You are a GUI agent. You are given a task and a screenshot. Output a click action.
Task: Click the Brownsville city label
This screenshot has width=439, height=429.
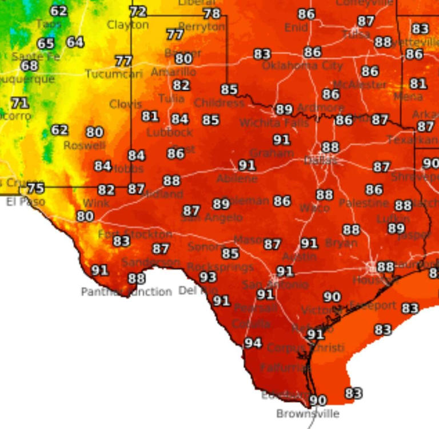coord(308,414)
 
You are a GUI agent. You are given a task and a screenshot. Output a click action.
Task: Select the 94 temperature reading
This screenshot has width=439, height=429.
coord(253,343)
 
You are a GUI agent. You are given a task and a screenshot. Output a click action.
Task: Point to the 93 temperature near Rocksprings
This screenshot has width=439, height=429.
coord(208,277)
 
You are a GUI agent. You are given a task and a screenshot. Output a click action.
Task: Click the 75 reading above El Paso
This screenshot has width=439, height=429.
coord(35,188)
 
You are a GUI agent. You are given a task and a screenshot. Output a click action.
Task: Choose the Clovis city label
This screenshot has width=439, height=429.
coord(126,104)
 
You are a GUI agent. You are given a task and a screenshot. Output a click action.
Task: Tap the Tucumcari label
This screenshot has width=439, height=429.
coord(114,74)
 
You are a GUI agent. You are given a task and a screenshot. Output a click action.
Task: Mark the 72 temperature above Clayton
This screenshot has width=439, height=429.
coord(138,11)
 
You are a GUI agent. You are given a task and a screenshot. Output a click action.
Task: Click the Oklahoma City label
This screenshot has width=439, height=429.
coord(302,65)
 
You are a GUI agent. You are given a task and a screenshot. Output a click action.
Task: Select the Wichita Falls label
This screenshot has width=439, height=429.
coord(266,123)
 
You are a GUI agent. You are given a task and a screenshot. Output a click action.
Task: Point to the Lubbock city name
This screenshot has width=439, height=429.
coord(170,132)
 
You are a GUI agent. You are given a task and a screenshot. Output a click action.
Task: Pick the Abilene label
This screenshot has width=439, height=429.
coord(237,178)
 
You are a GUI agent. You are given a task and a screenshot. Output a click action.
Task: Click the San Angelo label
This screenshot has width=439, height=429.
coord(212,218)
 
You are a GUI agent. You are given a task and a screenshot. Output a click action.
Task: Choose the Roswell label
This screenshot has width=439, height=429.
coord(84,146)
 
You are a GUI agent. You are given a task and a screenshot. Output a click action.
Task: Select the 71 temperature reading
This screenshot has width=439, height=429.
coord(20,104)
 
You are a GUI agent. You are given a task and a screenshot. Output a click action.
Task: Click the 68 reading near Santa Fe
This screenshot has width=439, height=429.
coord(30,66)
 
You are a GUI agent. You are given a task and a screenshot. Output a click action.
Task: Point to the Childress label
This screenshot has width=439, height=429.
coord(219,104)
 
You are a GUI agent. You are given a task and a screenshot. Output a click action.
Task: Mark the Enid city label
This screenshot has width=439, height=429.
coord(296,27)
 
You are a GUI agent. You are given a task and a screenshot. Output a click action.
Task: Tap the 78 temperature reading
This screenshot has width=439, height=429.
coord(211,14)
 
